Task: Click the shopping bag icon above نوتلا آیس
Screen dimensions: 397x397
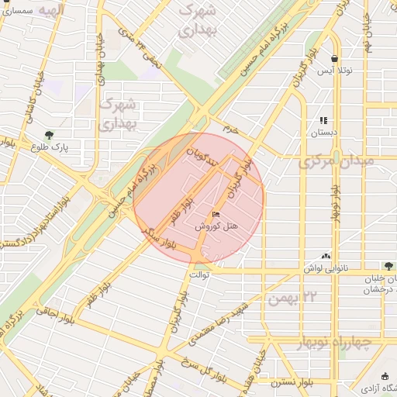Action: pyautogui.click(x=334, y=58)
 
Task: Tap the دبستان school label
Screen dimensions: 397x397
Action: pyautogui.click(x=324, y=133)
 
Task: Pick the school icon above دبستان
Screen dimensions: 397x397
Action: pyautogui.click(x=323, y=120)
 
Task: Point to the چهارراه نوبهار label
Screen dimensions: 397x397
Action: pyautogui.click(x=335, y=342)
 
